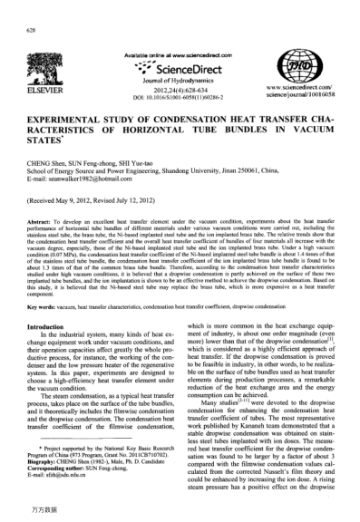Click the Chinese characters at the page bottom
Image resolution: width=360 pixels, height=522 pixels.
39,514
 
